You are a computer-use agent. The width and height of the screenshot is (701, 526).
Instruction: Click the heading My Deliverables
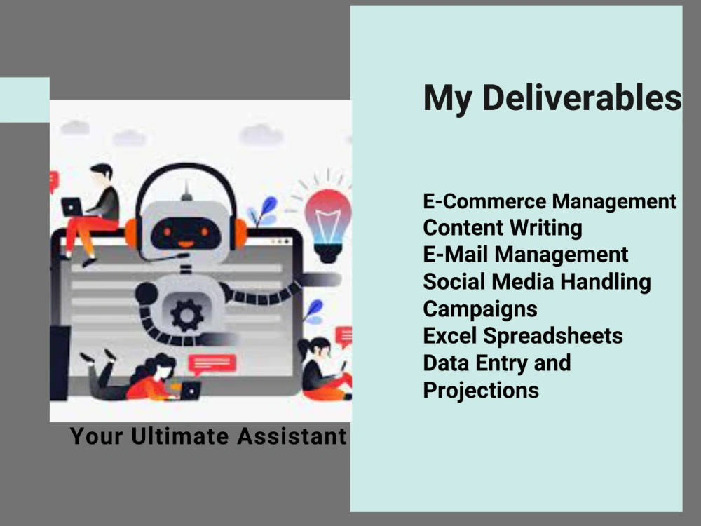click(x=552, y=98)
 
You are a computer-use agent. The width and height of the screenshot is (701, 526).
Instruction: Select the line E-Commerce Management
click(x=550, y=202)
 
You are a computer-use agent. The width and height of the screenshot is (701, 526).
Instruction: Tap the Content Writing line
click(x=503, y=229)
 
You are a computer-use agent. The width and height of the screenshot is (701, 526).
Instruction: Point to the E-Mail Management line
click(x=526, y=255)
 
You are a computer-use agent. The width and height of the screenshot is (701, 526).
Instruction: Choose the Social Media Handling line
click(x=537, y=282)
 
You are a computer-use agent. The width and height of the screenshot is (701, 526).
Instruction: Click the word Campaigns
click(x=480, y=309)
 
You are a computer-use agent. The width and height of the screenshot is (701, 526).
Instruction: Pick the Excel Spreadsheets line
click(x=523, y=336)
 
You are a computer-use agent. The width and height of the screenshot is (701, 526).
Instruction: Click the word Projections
click(x=481, y=390)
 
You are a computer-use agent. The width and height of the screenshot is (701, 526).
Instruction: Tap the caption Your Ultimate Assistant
click(x=208, y=436)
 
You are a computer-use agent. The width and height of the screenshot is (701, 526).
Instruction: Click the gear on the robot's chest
click(x=186, y=315)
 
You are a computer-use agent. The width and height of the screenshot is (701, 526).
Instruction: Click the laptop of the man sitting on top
click(x=72, y=207)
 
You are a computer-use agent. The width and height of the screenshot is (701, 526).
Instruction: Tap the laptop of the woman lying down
click(x=190, y=391)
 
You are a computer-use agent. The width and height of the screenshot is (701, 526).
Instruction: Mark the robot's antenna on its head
click(x=186, y=191)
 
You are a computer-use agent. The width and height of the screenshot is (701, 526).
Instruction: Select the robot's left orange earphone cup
click(x=131, y=234)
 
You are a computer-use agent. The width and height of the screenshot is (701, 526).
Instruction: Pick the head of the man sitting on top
click(x=102, y=173)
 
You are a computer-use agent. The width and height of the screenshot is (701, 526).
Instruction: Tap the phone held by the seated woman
click(x=343, y=366)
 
